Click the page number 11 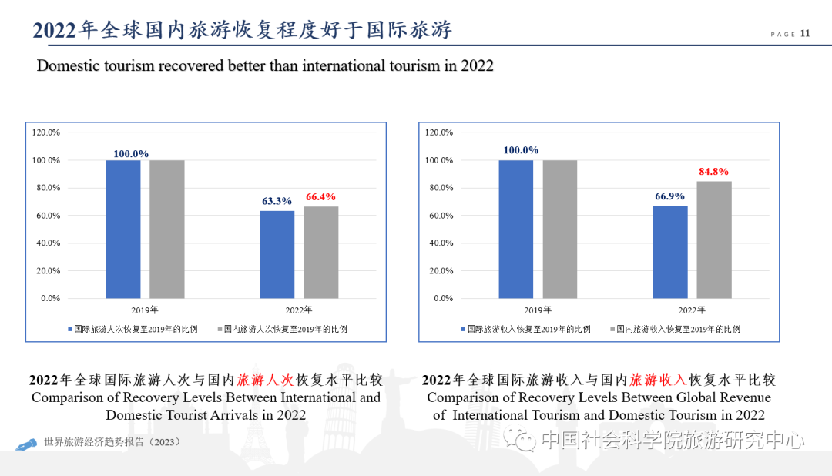click(805, 33)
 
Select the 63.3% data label click(277, 201)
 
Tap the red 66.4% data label click(320, 197)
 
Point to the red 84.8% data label click(713, 172)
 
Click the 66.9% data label click(669, 196)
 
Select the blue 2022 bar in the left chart click(277, 254)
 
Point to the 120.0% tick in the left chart click(46, 132)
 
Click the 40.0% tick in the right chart click(439, 243)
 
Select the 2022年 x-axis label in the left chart click(298, 310)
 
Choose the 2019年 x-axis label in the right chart click(538, 310)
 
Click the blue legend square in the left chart click(69, 329)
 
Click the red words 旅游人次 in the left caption click(266, 380)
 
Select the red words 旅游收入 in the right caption click(659, 380)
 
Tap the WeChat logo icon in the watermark click(526, 441)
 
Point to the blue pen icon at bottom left click(27, 444)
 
